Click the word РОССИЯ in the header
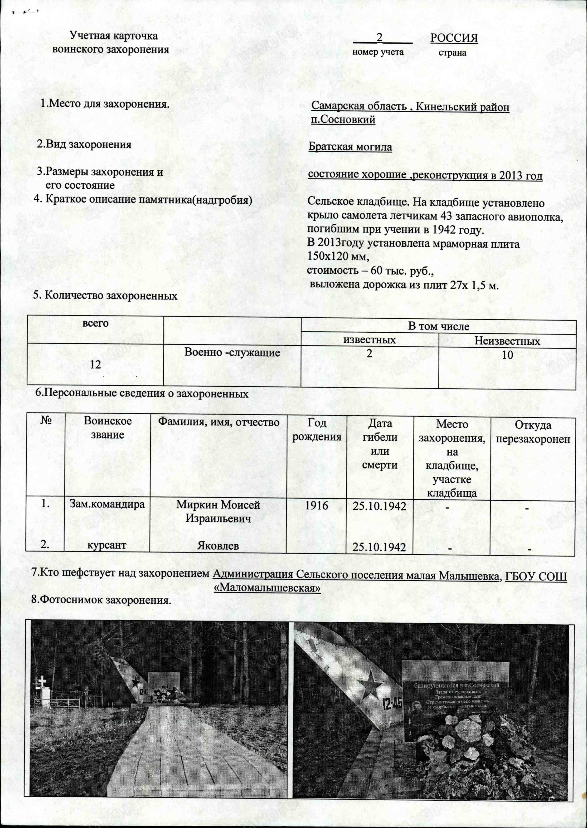point(454,38)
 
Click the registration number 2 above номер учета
point(379,37)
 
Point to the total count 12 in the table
point(95,364)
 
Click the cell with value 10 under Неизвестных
point(508,355)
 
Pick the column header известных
point(369,340)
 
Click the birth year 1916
point(316,505)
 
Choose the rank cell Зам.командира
point(107,504)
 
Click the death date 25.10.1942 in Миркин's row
point(379,506)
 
